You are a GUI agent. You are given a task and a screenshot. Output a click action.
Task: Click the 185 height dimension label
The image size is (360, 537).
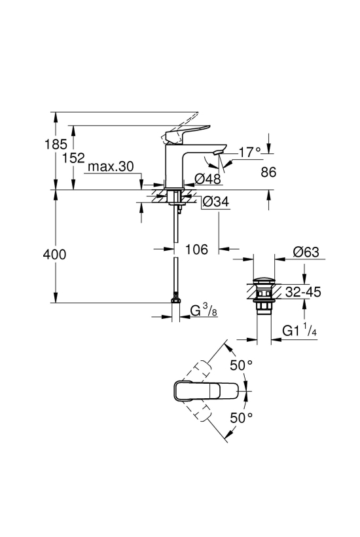click(x=56, y=145)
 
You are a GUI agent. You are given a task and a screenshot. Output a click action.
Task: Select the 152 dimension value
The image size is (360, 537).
click(x=73, y=158)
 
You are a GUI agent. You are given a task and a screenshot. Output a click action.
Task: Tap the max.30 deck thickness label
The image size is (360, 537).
click(x=111, y=167)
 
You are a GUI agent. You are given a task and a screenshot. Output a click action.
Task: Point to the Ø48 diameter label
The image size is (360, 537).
click(x=207, y=178)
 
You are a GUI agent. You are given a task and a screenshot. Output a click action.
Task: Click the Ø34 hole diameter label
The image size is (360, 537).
click(x=215, y=202)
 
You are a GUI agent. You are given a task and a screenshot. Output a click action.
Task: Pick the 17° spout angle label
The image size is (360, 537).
click(x=249, y=152)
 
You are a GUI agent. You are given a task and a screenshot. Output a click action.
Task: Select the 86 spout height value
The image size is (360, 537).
click(x=268, y=172)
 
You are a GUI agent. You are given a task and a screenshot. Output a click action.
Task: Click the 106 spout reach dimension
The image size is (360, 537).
click(x=196, y=250)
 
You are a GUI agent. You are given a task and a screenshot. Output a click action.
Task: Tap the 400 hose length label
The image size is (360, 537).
click(x=54, y=255)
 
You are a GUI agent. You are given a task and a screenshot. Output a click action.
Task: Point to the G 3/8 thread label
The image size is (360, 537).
click(x=204, y=310)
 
